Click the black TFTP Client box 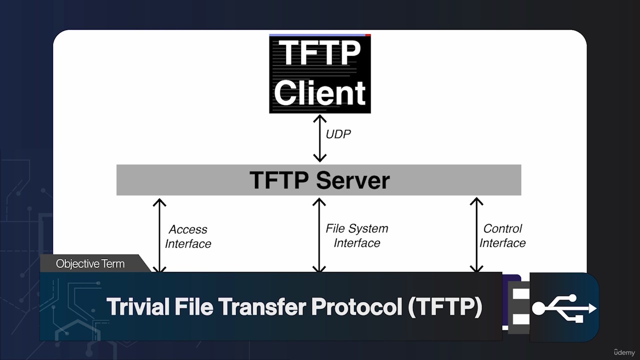(320, 73)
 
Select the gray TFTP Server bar (318, 180)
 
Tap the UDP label (338, 134)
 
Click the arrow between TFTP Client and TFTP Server (319, 138)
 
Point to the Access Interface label (188, 236)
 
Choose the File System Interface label (357, 235)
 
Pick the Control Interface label (502, 235)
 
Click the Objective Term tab (90, 263)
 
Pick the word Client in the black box (320, 93)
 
